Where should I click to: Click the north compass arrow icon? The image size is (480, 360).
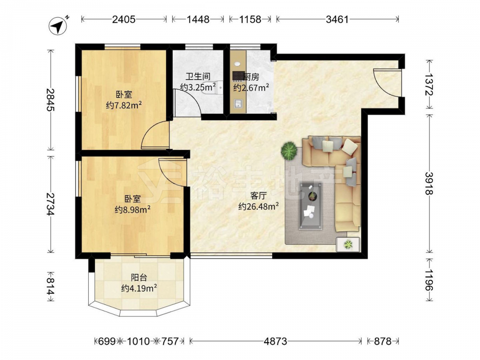coord(58,26)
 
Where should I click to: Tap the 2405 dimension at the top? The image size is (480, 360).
coord(124,19)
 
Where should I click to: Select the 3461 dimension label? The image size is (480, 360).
coord(337,19)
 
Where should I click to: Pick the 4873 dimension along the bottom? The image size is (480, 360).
coord(276,341)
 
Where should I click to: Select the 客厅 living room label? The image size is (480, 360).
coord(258,195)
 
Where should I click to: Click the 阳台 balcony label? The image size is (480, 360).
coord(139,277)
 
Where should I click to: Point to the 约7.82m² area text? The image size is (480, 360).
coord(124,106)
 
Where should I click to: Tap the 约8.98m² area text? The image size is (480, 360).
coord(132,210)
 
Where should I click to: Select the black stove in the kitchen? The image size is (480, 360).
coord(238,75)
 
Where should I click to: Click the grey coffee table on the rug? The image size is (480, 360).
coord(311,206)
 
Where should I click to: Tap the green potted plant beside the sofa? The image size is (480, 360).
coord(288,150)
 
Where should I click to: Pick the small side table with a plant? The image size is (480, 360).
coord(348,244)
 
